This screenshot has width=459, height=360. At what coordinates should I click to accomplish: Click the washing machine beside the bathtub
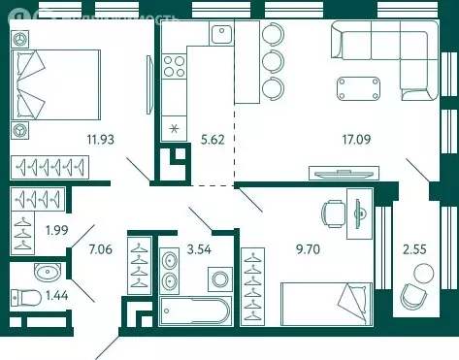click(x=220, y=281)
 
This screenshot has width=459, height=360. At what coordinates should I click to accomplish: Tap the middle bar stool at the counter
click(x=272, y=62)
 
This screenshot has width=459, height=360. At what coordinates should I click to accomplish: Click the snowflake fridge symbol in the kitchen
click(x=175, y=129)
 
